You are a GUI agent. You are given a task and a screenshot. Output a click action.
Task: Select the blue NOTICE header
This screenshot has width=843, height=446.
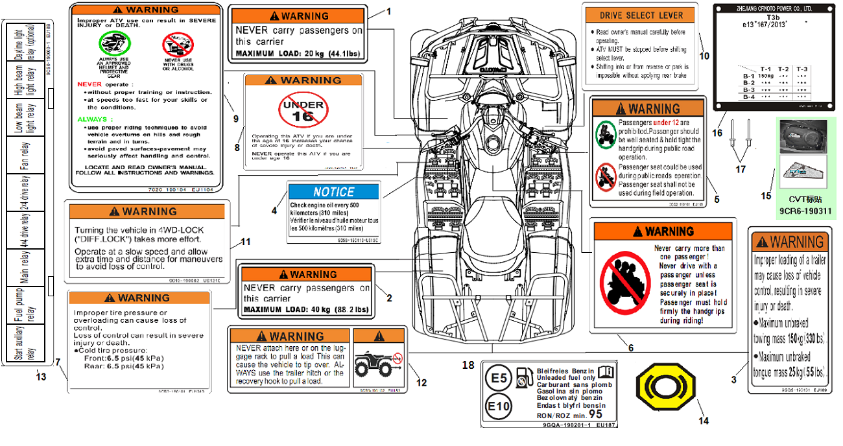[333, 192]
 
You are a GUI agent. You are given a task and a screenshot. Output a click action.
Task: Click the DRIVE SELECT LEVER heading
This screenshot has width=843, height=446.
[641, 16]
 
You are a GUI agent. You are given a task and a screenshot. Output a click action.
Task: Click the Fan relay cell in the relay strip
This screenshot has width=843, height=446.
[25, 156]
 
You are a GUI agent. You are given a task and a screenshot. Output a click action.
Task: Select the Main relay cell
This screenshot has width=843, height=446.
[25, 268]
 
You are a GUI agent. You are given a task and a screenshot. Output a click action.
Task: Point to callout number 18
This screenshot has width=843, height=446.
[468, 365]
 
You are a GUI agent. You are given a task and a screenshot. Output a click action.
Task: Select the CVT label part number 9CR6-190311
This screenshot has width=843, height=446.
[805, 211]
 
